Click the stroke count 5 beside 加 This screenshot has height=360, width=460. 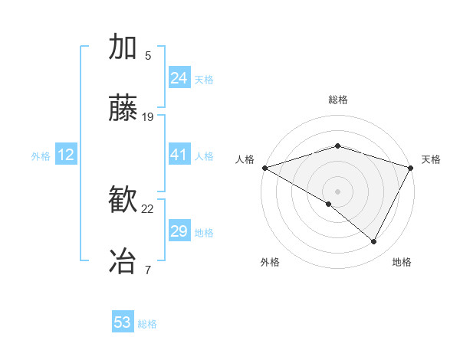(148, 55)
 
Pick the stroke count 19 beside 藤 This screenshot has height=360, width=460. (148, 117)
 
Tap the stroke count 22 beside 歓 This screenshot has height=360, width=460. (148, 208)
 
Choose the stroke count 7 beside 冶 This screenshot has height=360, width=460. (148, 269)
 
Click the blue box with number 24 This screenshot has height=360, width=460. (179, 78)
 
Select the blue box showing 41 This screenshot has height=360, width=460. (179, 155)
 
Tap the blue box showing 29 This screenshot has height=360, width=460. (179, 231)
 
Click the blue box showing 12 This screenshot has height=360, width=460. (66, 155)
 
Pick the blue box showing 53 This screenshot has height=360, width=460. (123, 322)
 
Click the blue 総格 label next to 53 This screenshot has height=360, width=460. (147, 324)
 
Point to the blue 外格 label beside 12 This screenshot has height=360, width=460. (41, 156)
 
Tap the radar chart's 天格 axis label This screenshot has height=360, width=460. (431, 159)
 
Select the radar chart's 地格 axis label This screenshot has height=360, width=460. (402, 262)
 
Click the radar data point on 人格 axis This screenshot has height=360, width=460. (264, 168)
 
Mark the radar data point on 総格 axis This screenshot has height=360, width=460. (337, 146)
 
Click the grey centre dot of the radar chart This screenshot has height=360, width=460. (337, 191)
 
